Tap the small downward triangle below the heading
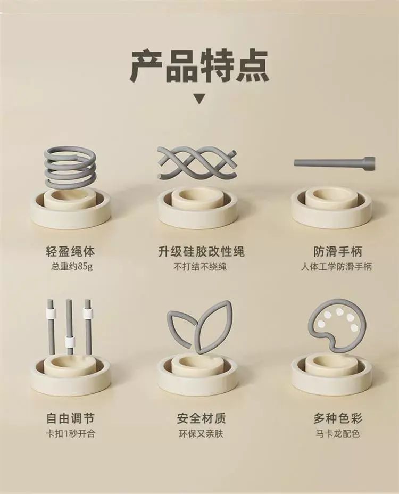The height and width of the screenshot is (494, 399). click(x=199, y=98)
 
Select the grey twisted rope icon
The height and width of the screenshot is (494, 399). click(x=197, y=163)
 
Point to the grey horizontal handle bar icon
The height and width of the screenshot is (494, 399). click(x=334, y=162)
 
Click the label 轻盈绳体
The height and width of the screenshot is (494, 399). click(x=70, y=251)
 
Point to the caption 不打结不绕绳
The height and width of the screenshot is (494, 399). click(x=200, y=267)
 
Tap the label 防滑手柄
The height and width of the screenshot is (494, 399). click(x=338, y=251)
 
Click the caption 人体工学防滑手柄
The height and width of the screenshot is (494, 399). click(x=336, y=267)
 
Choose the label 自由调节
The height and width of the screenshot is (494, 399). click(x=70, y=418)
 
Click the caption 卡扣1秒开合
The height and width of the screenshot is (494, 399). click(x=70, y=434)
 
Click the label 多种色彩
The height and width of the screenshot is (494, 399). click(x=338, y=418)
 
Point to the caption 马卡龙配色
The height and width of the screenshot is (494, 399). click(x=337, y=434)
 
